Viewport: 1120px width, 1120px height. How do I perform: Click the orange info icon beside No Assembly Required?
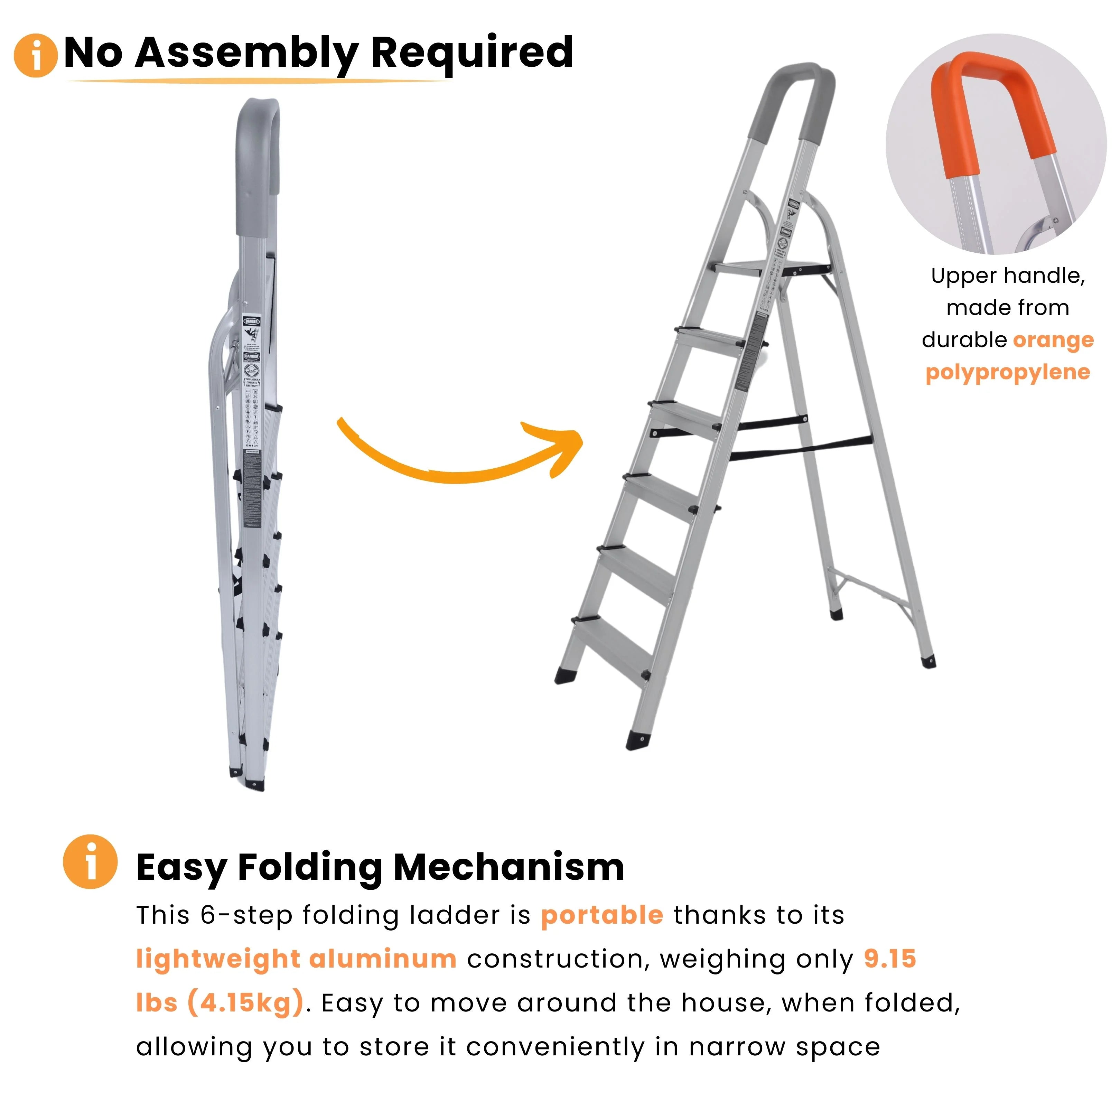tap(35, 56)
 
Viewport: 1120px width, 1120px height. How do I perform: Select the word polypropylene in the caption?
tap(1008, 372)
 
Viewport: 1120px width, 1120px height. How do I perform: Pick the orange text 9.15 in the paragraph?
tap(890, 959)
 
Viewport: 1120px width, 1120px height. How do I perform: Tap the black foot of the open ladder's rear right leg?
tap(928, 661)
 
